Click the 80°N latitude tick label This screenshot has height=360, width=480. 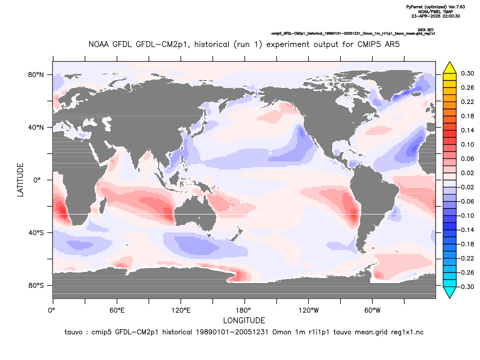pyautogui.click(x=36, y=75)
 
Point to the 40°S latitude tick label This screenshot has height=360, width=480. pyautogui.click(x=36, y=233)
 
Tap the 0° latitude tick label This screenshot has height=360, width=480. pyautogui.click(x=37, y=180)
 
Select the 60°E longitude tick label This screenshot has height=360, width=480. pyautogui.click(x=117, y=310)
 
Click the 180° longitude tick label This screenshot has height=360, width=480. pyautogui.click(x=245, y=310)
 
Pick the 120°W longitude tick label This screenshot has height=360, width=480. pyautogui.click(x=309, y=310)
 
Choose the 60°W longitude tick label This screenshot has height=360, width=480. pyautogui.click(x=373, y=310)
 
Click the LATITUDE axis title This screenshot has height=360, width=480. pyautogui.click(x=20, y=180)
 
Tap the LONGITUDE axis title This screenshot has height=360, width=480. pyautogui.click(x=244, y=320)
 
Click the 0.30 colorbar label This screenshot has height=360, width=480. pyautogui.click(x=468, y=73)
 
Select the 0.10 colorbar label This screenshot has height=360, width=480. pyautogui.click(x=468, y=144)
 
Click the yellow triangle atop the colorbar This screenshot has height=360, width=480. pyautogui.click(x=450, y=68)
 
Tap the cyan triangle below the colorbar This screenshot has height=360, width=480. pyautogui.click(x=450, y=292)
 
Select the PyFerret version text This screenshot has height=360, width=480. pyautogui.click(x=436, y=6)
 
